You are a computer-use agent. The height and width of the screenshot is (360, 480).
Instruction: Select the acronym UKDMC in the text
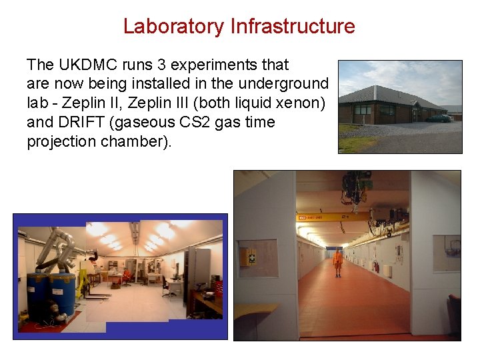click(82, 65)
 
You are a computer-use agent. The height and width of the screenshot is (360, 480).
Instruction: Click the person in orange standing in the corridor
click(338, 263)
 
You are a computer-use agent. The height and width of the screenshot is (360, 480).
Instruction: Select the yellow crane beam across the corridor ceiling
click(347, 217)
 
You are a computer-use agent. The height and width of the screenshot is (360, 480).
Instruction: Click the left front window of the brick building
click(363, 110)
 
